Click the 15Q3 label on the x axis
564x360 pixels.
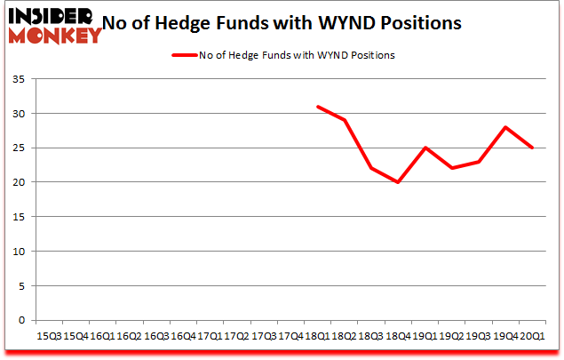[x=48, y=336]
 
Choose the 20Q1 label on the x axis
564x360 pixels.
[x=532, y=336]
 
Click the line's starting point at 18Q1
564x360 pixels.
[x=317, y=107]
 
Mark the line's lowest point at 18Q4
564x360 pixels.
[x=398, y=182]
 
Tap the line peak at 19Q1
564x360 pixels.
[x=425, y=148]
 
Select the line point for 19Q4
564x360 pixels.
[x=505, y=127]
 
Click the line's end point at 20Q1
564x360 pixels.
[x=532, y=148]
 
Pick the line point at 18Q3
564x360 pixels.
[x=371, y=168]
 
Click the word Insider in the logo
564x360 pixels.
[x=51, y=17]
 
